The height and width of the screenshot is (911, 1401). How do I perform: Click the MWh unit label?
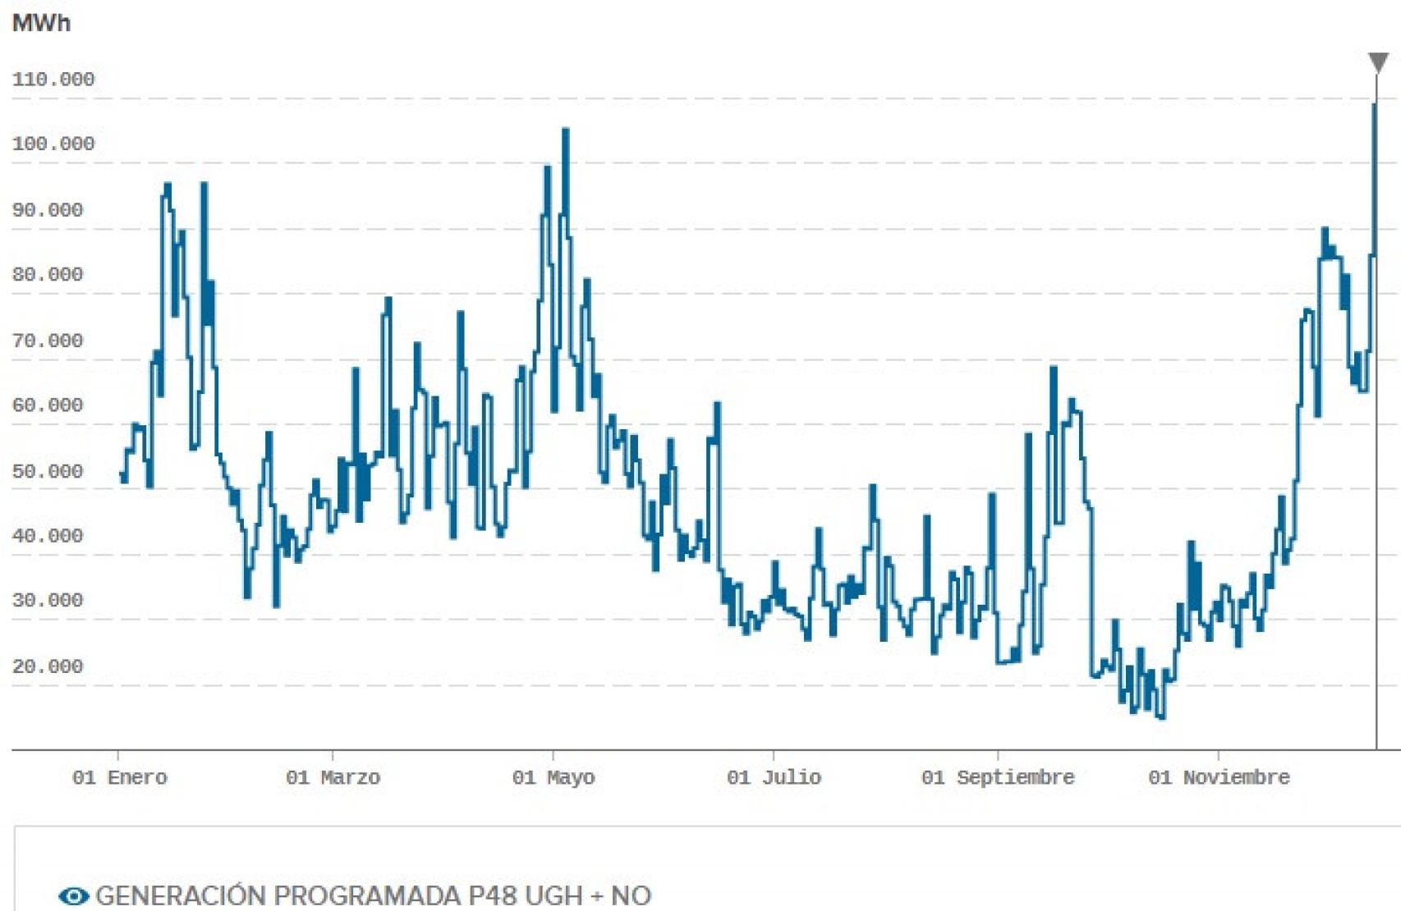coord(41,23)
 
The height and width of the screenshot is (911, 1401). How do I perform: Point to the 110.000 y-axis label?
coord(53,80)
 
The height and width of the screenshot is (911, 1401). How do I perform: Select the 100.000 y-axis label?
coord(53,144)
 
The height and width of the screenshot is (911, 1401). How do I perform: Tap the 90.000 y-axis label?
coord(48,210)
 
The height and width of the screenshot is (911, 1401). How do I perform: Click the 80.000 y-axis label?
coord(48,274)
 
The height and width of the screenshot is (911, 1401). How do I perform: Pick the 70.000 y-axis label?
coord(48,341)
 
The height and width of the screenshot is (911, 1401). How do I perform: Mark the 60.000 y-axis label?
coord(48,405)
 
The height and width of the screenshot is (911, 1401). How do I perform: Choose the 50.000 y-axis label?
coord(48,472)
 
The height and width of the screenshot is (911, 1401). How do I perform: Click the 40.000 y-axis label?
coord(48,536)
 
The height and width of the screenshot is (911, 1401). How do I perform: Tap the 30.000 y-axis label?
coord(48,600)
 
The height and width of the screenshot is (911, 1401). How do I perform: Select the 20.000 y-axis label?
coord(48,666)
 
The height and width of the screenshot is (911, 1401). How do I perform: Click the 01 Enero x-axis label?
coord(120,777)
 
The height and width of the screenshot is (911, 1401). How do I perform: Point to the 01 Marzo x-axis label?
coord(333,777)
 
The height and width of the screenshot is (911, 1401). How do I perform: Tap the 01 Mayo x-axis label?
coord(554,777)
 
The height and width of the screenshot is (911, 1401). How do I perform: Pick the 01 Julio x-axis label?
coord(774,777)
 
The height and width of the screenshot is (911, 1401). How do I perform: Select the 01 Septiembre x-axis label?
coord(998,777)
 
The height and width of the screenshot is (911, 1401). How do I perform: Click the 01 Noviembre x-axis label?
coord(1219,777)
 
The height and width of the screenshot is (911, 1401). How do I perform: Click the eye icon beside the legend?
coord(74,896)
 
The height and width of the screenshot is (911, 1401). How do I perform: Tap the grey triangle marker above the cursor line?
coord(1378,62)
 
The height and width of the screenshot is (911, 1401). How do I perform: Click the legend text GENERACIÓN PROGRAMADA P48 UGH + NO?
coord(374,895)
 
